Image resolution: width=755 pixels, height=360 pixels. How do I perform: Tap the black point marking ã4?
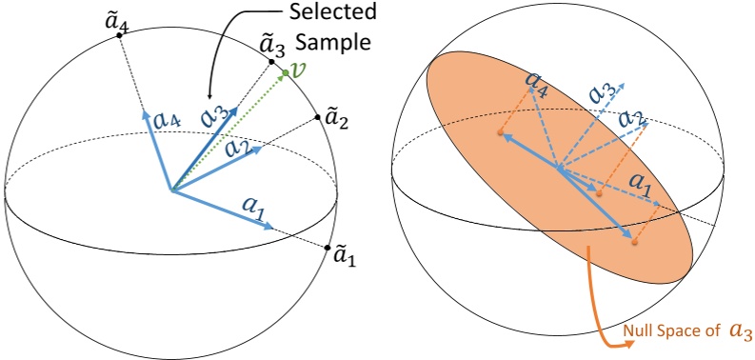[119, 35]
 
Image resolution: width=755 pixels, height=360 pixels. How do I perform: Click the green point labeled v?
[284, 72]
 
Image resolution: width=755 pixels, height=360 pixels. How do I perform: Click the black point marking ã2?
[316, 119]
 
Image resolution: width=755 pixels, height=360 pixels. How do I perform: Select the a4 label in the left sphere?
[166, 120]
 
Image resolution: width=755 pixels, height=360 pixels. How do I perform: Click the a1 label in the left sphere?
[255, 207]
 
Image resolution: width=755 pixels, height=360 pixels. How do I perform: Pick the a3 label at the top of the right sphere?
[601, 92]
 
